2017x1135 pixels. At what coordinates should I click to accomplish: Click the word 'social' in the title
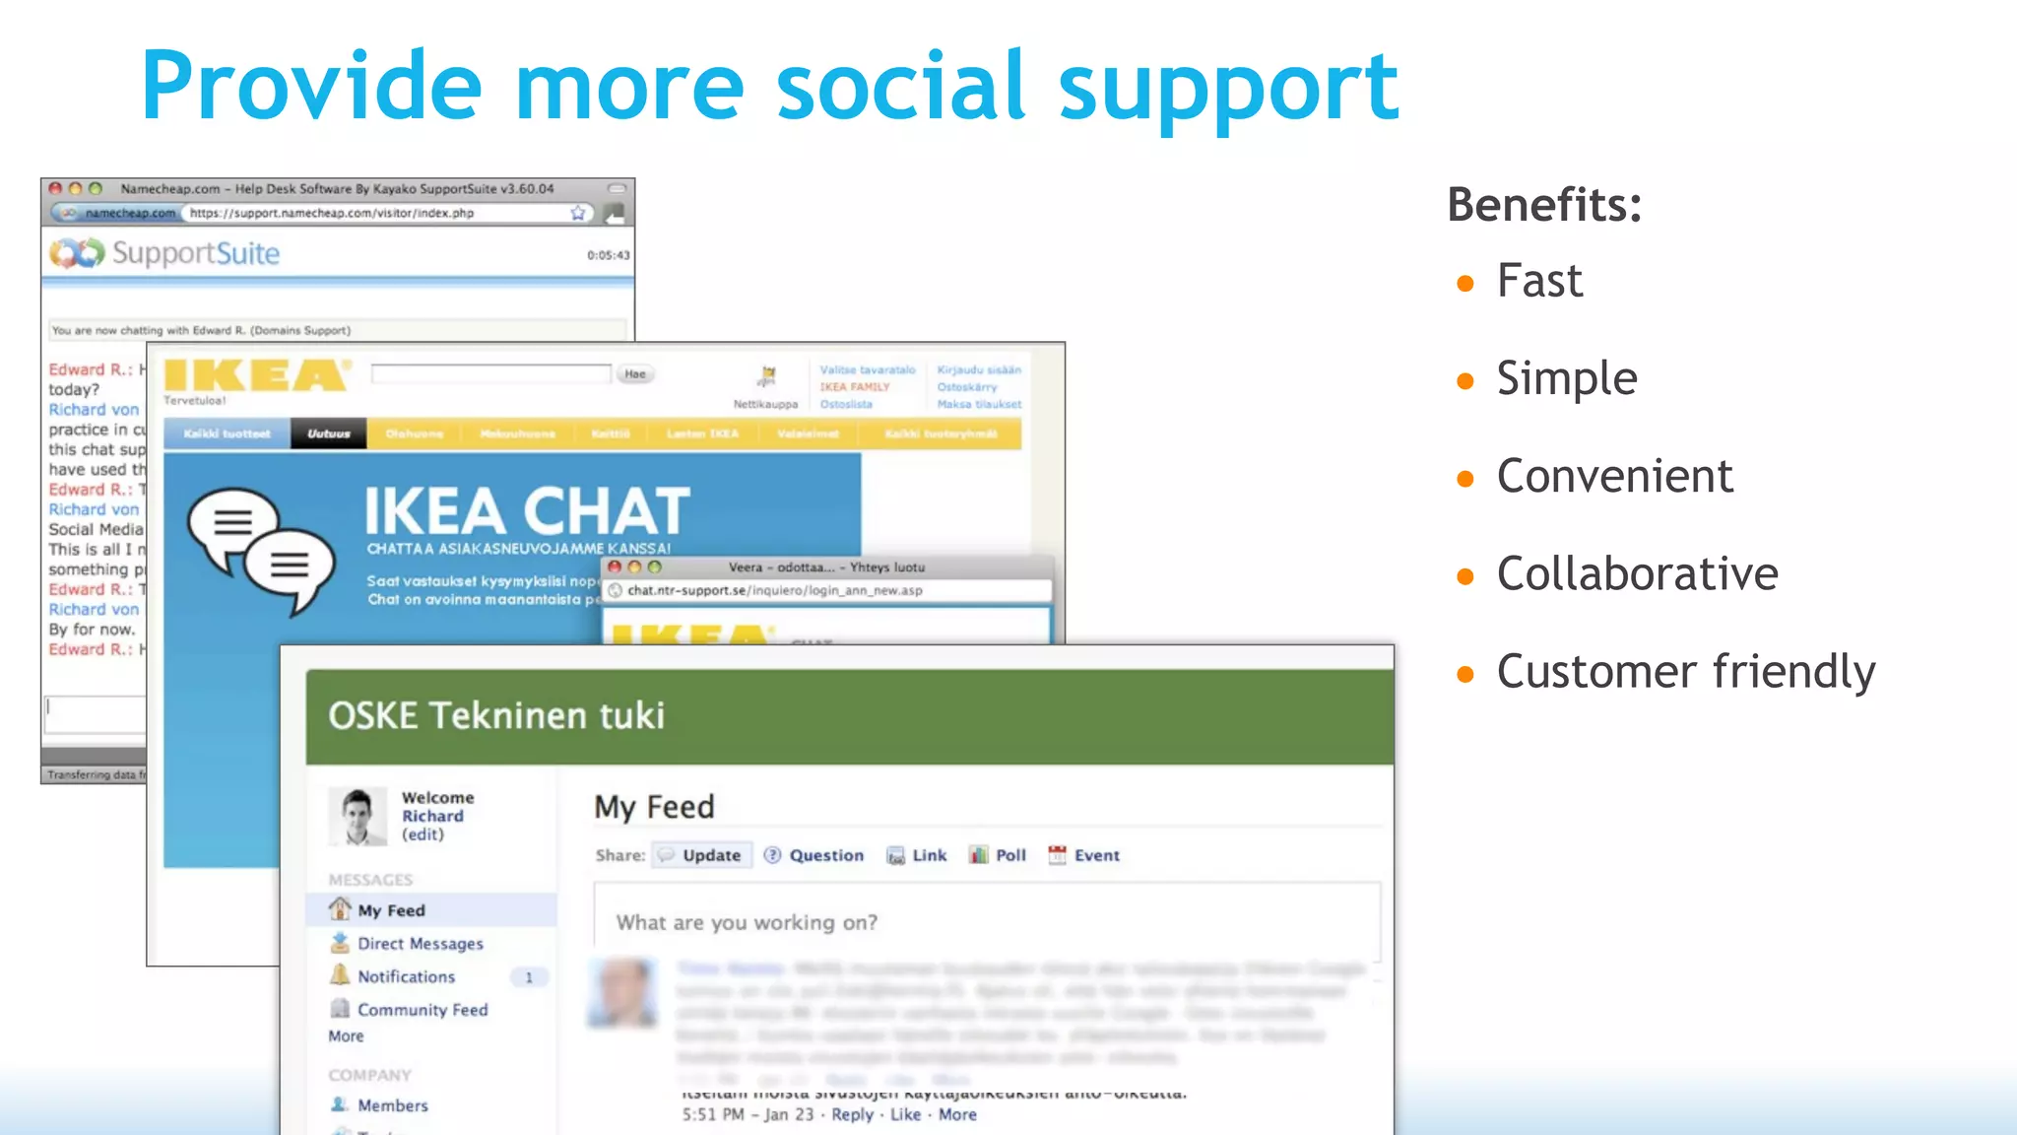(x=900, y=87)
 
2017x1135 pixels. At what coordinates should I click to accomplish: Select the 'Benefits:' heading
(x=1544, y=205)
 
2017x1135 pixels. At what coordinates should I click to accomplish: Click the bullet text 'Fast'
(x=1539, y=281)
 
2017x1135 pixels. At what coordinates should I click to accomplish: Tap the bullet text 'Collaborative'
(x=1637, y=573)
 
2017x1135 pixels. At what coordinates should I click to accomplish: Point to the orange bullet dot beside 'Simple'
(x=1465, y=381)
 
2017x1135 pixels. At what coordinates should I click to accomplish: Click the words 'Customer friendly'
(x=1685, y=672)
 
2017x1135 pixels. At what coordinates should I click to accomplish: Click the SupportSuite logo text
(x=195, y=253)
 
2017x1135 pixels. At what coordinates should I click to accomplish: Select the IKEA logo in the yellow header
(x=256, y=375)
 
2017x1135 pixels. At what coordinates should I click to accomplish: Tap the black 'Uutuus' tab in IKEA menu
(x=328, y=434)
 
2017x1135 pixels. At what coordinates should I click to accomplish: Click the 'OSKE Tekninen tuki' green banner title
(x=496, y=715)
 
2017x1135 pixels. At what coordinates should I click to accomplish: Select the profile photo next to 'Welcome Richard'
(x=357, y=816)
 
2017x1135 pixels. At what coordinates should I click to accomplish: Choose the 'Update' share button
(x=701, y=855)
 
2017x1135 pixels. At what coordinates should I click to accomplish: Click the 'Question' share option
(x=814, y=855)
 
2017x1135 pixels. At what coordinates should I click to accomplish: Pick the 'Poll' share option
(x=998, y=855)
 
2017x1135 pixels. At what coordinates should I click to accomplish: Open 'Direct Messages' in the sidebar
(x=420, y=944)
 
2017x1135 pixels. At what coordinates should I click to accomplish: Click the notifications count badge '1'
(x=529, y=977)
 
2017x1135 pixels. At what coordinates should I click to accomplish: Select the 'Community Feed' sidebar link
(x=422, y=1010)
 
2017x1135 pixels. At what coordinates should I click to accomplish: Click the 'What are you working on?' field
(x=985, y=922)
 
